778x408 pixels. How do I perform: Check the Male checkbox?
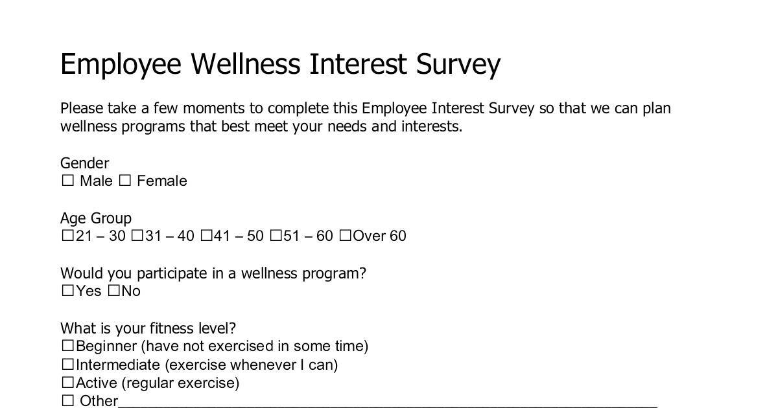pyautogui.click(x=67, y=181)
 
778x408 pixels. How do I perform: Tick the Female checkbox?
pyautogui.click(x=125, y=181)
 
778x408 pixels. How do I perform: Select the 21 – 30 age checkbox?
pyautogui.click(x=67, y=236)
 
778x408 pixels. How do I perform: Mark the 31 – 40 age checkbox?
pyautogui.click(x=137, y=236)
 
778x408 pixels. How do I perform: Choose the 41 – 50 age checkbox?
pyautogui.click(x=206, y=236)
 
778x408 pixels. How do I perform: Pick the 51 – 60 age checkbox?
pyautogui.click(x=276, y=236)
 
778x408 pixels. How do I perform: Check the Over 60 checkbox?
pyautogui.click(x=345, y=236)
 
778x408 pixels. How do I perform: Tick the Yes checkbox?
pyautogui.click(x=67, y=290)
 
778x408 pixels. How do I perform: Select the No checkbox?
pyautogui.click(x=113, y=290)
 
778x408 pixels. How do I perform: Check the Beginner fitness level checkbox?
pyautogui.click(x=67, y=346)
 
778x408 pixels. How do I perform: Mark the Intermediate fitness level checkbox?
pyautogui.click(x=67, y=364)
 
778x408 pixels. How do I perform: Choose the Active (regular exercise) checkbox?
pyautogui.click(x=67, y=382)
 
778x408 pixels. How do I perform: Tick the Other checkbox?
pyautogui.click(x=67, y=400)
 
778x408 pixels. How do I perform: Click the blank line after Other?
pyautogui.click(x=388, y=407)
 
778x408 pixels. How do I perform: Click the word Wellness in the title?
pyautogui.click(x=246, y=64)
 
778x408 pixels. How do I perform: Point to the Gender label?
pyautogui.click(x=85, y=163)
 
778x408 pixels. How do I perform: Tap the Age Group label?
pyautogui.click(x=96, y=219)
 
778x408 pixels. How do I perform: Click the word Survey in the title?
pyautogui.click(x=458, y=65)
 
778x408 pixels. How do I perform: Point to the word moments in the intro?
pyautogui.click(x=213, y=109)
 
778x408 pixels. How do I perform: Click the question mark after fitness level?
pyautogui.click(x=231, y=328)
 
